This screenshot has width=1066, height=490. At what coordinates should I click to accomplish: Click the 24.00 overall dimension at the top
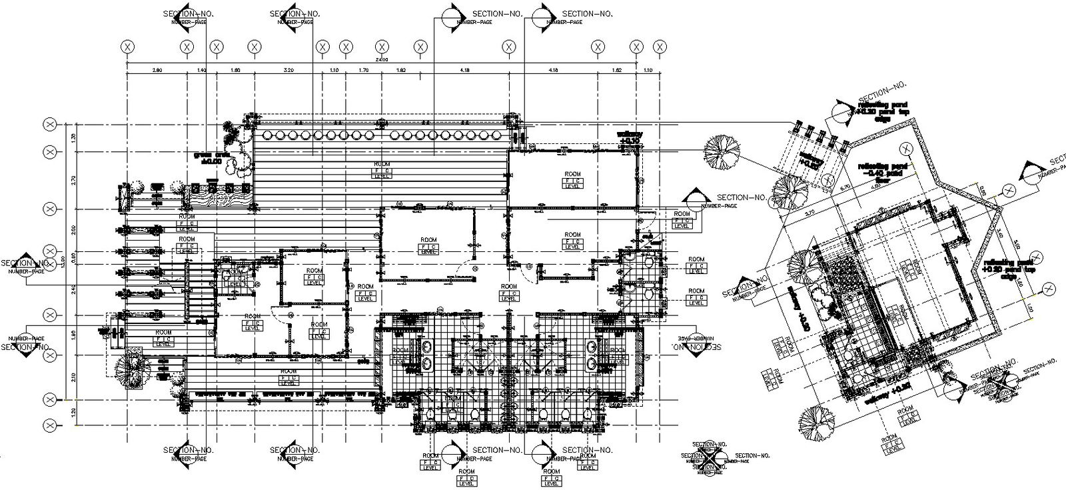coord(382,60)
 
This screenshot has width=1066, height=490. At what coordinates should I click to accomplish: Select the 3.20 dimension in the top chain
coord(288,69)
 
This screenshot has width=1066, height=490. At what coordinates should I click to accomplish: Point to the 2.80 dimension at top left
coord(157,69)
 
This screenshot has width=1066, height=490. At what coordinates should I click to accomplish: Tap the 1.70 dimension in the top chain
coord(364,69)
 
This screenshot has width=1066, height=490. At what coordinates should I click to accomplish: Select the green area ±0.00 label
coord(207,158)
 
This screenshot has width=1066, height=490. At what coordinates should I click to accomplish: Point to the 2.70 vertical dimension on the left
coord(74,180)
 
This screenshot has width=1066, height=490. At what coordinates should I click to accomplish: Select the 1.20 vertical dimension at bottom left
coord(74,412)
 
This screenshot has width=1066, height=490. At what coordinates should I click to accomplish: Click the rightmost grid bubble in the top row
coord(660,47)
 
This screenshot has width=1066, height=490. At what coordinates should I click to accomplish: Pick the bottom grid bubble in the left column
coord(49,425)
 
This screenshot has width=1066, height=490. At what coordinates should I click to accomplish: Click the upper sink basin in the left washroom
coord(427,347)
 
